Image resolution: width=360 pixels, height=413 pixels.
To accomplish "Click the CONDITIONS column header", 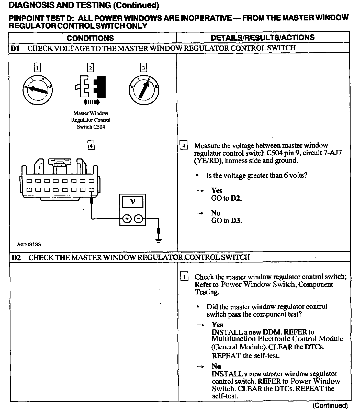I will pyautogui.click(x=90, y=38).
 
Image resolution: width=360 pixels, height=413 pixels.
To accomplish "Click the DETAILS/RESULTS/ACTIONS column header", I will pyautogui.click(x=263, y=38).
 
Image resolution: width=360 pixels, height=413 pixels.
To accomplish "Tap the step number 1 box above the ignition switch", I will pyautogui.click(x=37, y=68).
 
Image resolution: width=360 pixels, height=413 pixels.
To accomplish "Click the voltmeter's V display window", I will pyautogui.click(x=133, y=202).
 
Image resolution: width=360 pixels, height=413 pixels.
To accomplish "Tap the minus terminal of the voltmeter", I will pyautogui.click(x=139, y=219).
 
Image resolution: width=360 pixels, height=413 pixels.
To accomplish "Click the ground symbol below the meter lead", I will pyautogui.click(x=159, y=240).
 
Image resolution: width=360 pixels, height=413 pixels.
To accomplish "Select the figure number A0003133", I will pyautogui.click(x=29, y=245).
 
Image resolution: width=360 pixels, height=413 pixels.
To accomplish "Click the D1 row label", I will pyautogui.click(x=15, y=48).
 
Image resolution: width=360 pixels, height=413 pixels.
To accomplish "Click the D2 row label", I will pyautogui.click(x=16, y=257).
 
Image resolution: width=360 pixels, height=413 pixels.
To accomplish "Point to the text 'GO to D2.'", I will pyautogui.click(x=226, y=198).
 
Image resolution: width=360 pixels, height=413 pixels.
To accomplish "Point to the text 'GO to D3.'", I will pyautogui.click(x=226, y=221).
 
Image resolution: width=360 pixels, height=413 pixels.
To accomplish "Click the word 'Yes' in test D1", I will pyautogui.click(x=217, y=190).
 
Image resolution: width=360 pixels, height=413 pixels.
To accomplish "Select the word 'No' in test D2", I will pyautogui.click(x=216, y=366).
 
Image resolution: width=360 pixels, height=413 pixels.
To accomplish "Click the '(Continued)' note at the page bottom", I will pyautogui.click(x=330, y=406).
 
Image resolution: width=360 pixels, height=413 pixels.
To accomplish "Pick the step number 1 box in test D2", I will pyautogui.click(x=184, y=277).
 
